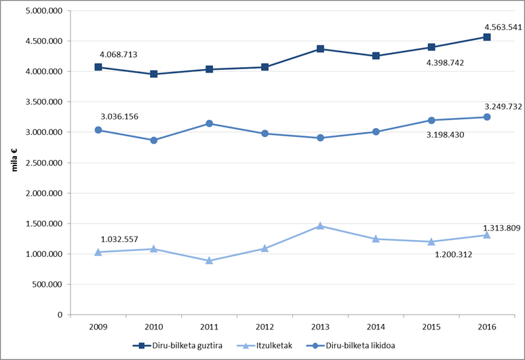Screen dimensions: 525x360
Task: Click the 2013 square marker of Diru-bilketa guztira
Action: click(x=320, y=49)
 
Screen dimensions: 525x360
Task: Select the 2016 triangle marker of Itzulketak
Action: click(x=487, y=235)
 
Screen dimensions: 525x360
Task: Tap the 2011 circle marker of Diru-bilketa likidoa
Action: click(x=210, y=123)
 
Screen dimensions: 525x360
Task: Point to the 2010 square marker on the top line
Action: click(x=154, y=74)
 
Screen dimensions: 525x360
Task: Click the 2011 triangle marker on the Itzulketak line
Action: click(x=210, y=260)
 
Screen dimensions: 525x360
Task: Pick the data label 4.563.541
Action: click(x=503, y=27)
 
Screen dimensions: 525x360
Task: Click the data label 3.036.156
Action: click(x=119, y=117)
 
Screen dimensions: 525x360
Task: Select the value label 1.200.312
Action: click(x=453, y=255)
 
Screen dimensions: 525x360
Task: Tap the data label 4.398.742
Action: click(x=445, y=63)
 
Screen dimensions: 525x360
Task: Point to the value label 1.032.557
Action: click(x=119, y=239)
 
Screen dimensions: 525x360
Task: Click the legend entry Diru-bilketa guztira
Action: click(x=178, y=346)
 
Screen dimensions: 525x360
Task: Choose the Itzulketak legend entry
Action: click(x=265, y=346)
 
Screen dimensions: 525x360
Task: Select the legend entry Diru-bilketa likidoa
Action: click(x=351, y=346)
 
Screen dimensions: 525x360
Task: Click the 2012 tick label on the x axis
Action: click(x=265, y=327)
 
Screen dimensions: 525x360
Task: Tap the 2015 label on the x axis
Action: click(x=431, y=327)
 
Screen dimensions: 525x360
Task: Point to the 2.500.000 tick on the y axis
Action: click(x=44, y=163)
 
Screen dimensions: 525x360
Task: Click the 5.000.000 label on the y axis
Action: click(x=44, y=11)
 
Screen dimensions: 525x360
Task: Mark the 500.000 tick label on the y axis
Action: click(x=47, y=284)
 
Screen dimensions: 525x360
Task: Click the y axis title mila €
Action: click(x=14, y=160)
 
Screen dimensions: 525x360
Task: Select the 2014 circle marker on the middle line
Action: click(x=376, y=132)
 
